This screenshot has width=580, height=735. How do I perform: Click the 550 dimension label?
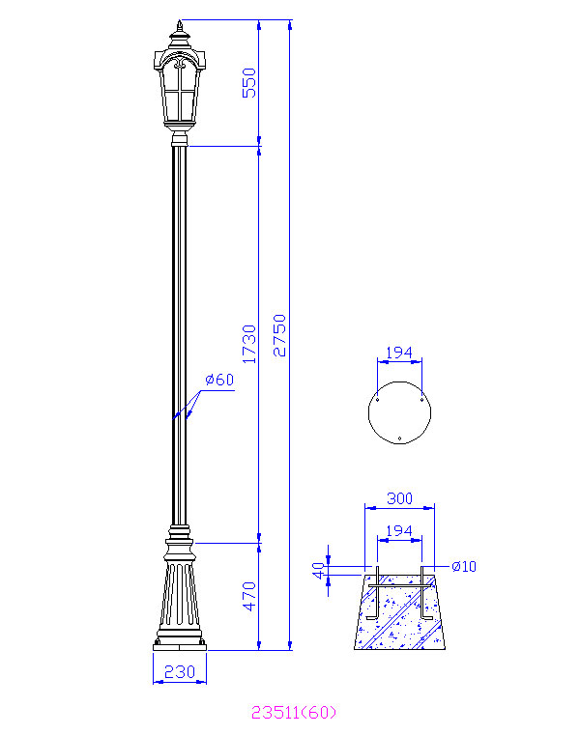249,83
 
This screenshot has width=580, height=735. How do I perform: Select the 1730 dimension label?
249,344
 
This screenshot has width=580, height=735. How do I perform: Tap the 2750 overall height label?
279,335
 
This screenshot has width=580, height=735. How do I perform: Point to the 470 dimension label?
249,596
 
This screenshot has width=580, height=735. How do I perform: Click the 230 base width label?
180,672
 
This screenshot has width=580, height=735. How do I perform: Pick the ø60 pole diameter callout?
219,380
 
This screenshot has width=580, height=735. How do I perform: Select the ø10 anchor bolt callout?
464,566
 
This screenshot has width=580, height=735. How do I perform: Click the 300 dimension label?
400,498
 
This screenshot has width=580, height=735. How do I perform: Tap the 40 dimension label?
319,571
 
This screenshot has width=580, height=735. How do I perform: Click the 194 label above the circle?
399,352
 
